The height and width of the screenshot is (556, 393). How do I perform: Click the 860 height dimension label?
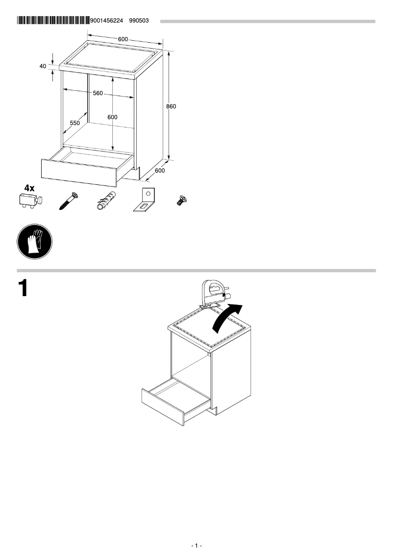(171, 106)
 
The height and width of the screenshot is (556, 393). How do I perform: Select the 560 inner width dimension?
(98, 93)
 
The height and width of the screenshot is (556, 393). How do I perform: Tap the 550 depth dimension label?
(74, 124)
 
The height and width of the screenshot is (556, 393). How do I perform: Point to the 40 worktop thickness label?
(43, 66)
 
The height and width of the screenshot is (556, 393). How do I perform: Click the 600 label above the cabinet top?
(123, 39)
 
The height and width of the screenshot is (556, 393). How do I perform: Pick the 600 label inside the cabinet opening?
(113, 117)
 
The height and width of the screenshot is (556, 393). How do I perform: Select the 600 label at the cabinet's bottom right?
(160, 171)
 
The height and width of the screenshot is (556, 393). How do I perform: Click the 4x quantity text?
(29, 188)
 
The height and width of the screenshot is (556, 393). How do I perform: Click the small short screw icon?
(181, 200)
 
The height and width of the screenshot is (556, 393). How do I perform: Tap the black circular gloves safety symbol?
(34, 242)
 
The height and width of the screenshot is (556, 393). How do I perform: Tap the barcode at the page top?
(53, 21)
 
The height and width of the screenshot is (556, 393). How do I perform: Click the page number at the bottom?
(196, 546)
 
